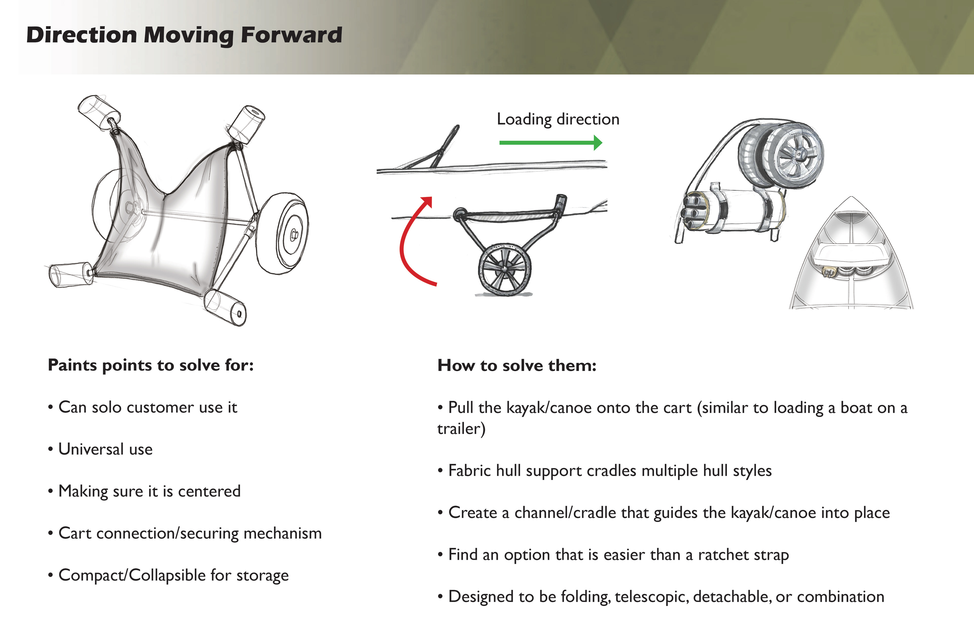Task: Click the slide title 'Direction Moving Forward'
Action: coord(184,35)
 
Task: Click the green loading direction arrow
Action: coord(550,143)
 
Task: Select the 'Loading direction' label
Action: coord(558,119)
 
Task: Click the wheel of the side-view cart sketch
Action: coord(505,269)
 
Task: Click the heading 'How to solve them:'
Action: coord(517,365)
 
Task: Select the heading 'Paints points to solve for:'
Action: coord(151,365)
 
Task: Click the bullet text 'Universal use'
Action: coord(105,449)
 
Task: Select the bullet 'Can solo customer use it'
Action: coord(147,407)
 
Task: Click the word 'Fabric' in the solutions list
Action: coord(469,471)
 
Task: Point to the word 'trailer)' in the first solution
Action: coord(461,429)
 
